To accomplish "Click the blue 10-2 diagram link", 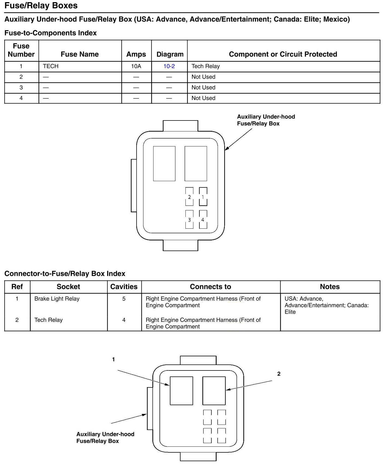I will point(169,66).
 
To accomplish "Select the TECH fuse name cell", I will point(51,66).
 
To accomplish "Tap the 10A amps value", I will point(136,66).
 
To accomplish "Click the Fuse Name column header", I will point(79,54).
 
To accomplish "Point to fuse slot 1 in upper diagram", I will point(203,197).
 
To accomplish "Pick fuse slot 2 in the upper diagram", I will point(189,197).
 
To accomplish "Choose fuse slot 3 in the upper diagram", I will point(189,219).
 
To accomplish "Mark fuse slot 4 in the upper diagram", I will point(203,219).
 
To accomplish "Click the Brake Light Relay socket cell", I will point(57,299).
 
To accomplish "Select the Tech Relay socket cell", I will point(48,320).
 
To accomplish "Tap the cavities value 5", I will point(124,299).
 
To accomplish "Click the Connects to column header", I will point(210,287).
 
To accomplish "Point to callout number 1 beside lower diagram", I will point(113,360).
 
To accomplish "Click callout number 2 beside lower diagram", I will point(279,374).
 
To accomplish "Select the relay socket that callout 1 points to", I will point(181,391).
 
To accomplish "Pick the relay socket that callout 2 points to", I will point(214,391).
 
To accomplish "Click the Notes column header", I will point(330,287).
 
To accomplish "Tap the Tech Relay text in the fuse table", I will point(205,66).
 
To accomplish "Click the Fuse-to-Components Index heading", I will point(51,33).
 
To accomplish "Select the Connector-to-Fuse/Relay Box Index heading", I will point(65,273).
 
